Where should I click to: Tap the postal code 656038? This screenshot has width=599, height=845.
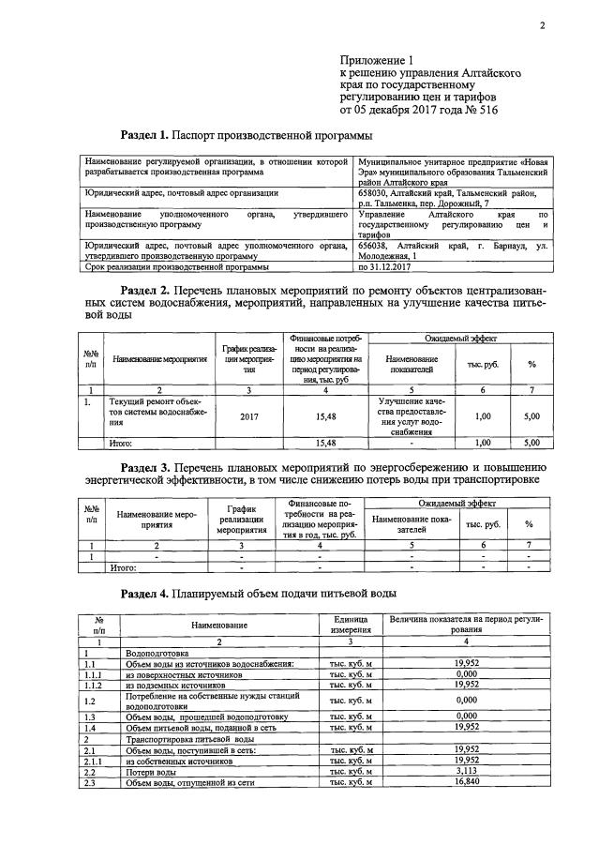pyautogui.click(x=377, y=245)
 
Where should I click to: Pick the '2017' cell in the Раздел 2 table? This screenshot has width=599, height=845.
pyautogui.click(x=248, y=415)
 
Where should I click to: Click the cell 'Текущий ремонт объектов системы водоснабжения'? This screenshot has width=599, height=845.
pyautogui.click(x=153, y=412)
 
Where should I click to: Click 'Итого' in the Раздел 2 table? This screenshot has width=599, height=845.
pyautogui.click(x=121, y=442)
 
